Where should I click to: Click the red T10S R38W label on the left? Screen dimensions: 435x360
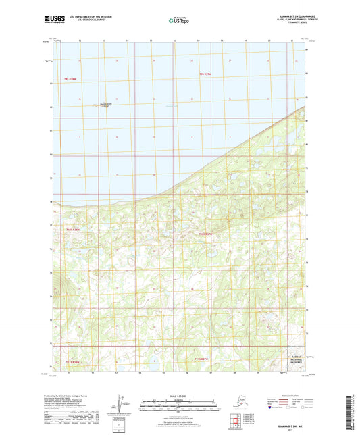[x=72, y=230]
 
